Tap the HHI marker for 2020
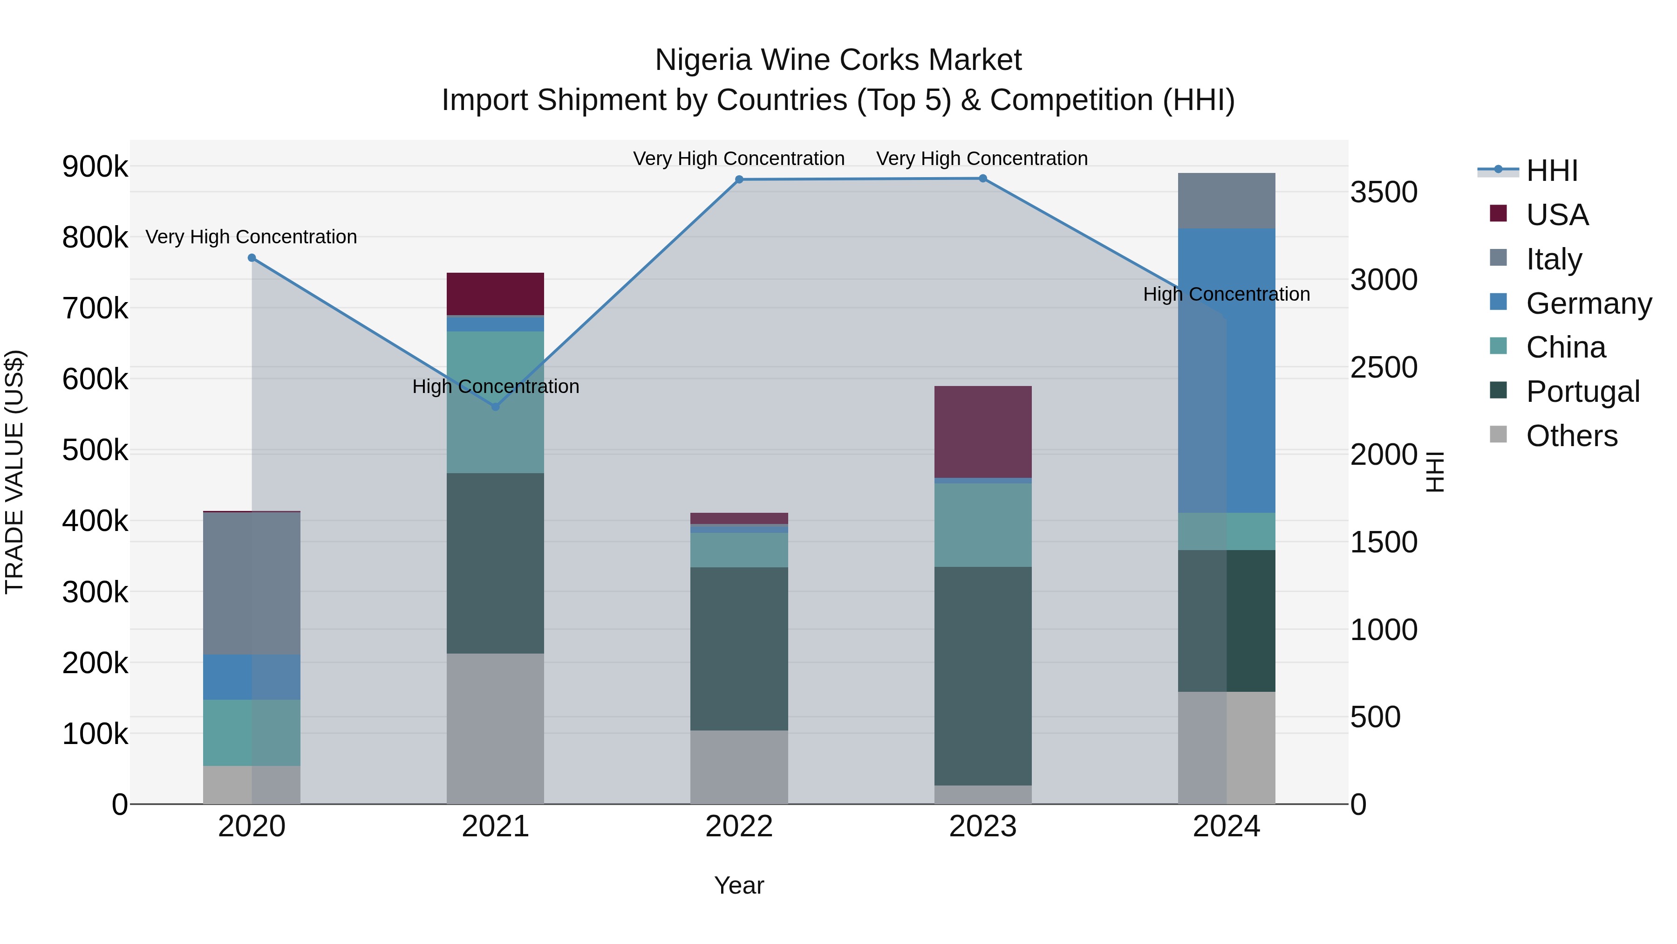pos(252,258)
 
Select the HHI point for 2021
pos(496,407)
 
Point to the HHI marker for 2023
pos(983,179)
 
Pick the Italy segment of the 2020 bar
pos(252,583)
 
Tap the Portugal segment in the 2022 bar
pos(739,648)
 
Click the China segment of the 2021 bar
pos(496,402)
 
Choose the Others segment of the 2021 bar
pos(496,728)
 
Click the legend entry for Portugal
pos(1582,392)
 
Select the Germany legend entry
pos(1588,303)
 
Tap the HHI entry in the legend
pos(1551,171)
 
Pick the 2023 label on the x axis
pos(983,827)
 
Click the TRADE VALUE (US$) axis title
pos(14,472)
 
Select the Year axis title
pos(739,885)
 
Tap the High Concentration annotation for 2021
pos(496,386)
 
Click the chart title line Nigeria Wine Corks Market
pos(838,60)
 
